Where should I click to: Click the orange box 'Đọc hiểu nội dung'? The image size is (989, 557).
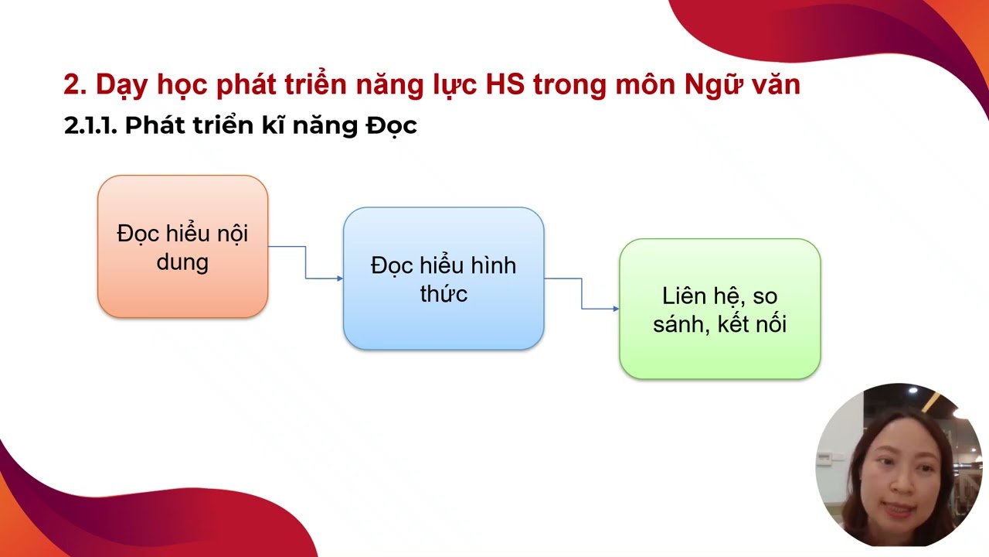(182, 247)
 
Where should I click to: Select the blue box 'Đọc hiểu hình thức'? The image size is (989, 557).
(444, 278)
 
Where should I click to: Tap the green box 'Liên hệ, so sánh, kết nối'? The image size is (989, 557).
(719, 309)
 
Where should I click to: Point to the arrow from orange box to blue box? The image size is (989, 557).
(306, 263)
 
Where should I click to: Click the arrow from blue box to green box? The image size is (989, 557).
(582, 294)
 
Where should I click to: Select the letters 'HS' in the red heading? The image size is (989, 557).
(505, 85)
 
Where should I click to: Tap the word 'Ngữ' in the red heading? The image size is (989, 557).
(712, 85)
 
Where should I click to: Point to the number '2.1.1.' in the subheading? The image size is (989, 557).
(90, 126)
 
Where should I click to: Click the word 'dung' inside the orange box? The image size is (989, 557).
(182, 262)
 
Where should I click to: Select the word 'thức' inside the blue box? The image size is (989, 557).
(444, 294)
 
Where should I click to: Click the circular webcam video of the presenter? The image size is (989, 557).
(898, 465)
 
